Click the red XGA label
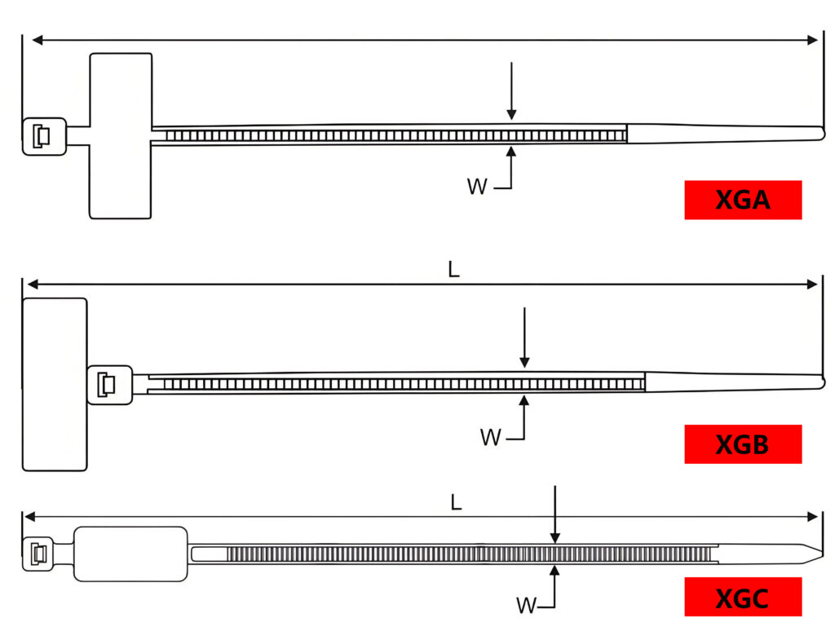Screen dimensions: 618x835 pyautogui.click(x=743, y=200)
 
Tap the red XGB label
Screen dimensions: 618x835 pyautogui.click(x=743, y=444)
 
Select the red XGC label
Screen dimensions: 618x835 pyautogui.click(x=743, y=598)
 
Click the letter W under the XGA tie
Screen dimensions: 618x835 pyautogui.click(x=477, y=187)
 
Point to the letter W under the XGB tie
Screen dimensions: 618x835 pyautogui.click(x=490, y=438)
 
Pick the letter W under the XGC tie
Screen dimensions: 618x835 pyautogui.click(x=527, y=606)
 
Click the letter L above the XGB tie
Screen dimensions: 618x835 pyautogui.click(x=454, y=270)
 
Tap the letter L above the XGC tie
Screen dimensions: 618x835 pyautogui.click(x=457, y=502)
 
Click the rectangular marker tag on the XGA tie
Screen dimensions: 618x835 pyautogui.click(x=121, y=135)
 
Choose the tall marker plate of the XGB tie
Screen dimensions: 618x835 pyautogui.click(x=55, y=384)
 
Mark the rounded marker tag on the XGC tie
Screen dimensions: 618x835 pyautogui.click(x=130, y=554)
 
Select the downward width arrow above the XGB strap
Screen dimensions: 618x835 pyautogui.click(x=524, y=338)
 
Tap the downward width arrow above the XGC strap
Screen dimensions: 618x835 pyautogui.click(x=554, y=514)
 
